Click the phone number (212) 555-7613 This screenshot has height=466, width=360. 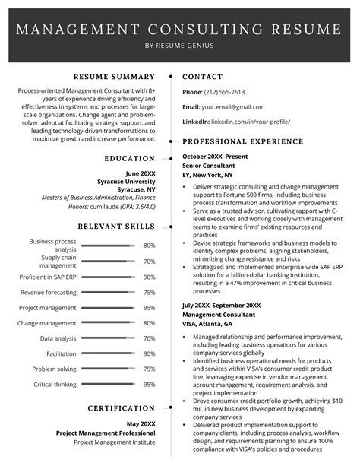click(x=224, y=92)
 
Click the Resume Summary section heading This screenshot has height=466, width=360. click(x=115, y=77)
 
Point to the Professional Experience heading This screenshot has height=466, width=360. click(x=243, y=141)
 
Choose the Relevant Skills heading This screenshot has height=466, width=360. click(x=118, y=227)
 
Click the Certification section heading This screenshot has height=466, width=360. click(x=122, y=408)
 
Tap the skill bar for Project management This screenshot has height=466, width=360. click(x=107, y=308)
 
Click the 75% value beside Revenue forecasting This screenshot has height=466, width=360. click(x=149, y=293)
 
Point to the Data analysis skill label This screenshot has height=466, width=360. click(x=58, y=338)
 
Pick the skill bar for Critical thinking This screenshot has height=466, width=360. click(x=107, y=385)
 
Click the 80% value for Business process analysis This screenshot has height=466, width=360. click(x=149, y=246)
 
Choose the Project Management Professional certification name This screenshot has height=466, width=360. click(x=106, y=433)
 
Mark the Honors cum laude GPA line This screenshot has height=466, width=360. click(x=122, y=207)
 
